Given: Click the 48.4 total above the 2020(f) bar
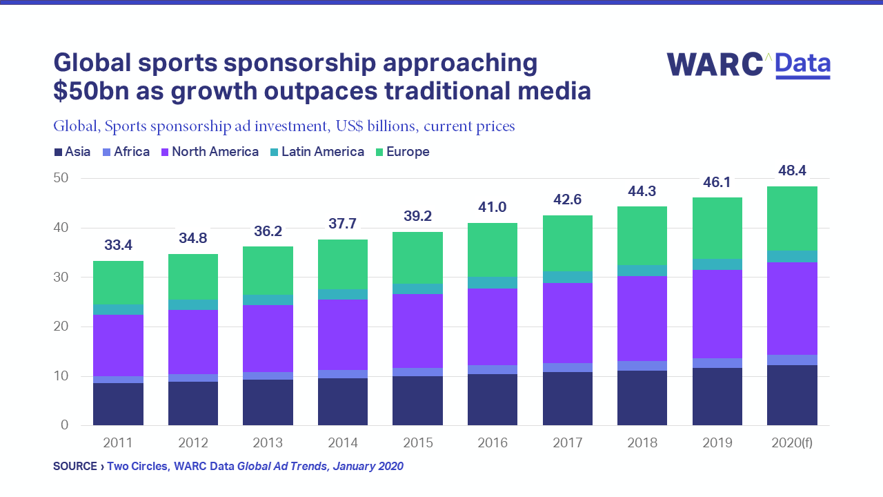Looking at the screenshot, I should point(792,170).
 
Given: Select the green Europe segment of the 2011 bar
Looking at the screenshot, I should point(119,282).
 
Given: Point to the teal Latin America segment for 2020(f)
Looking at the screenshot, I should point(792,256).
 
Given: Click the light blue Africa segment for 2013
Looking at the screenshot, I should point(268,376).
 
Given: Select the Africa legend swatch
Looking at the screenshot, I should point(106,152).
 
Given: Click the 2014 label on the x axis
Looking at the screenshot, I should point(343,443).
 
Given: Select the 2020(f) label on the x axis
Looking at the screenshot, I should point(792,443).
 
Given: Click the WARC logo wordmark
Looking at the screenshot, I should point(714,64).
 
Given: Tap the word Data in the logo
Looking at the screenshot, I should point(802,64).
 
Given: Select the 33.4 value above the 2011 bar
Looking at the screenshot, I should point(119,245).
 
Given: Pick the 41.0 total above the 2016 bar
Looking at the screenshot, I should point(493,208).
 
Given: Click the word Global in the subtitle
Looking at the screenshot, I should point(74,126).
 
